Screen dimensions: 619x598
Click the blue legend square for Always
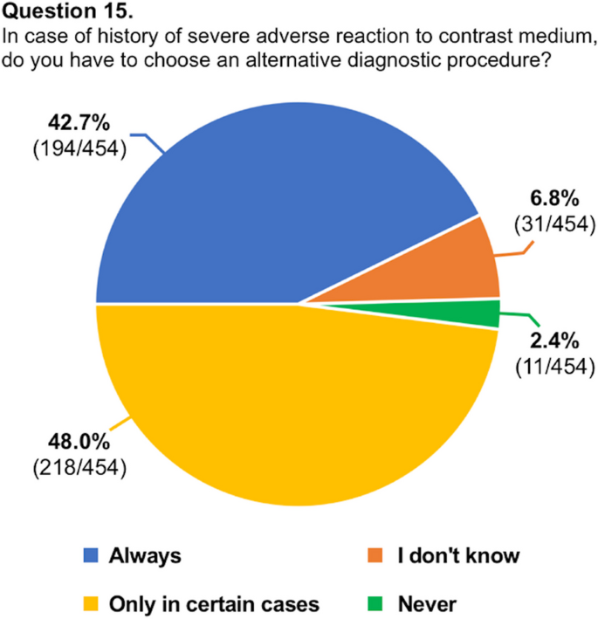tap(89, 555)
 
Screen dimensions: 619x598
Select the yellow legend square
tap(89, 602)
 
